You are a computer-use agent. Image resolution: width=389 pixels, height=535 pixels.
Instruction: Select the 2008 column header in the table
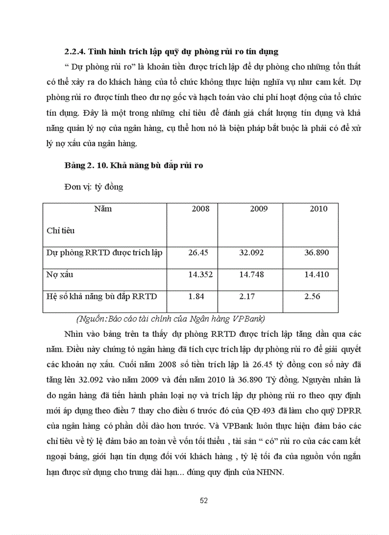pyautogui.click(x=200, y=209)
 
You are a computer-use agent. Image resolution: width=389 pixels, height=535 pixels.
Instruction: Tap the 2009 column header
pyautogui.click(x=259, y=209)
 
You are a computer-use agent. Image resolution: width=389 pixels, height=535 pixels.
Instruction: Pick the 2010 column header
pyautogui.click(x=318, y=209)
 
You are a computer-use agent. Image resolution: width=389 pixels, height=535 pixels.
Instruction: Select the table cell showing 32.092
pyautogui.click(x=251, y=252)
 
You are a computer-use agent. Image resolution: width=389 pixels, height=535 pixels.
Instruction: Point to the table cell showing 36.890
pyautogui.click(x=317, y=252)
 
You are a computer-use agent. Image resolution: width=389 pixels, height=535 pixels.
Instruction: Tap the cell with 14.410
pyautogui.click(x=317, y=275)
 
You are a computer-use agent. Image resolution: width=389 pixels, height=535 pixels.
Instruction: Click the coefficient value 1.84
pyautogui.click(x=196, y=296)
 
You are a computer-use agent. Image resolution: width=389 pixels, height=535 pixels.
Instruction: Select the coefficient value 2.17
pyautogui.click(x=247, y=296)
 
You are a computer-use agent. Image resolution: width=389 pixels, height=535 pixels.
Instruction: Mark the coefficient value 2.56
pyautogui.click(x=312, y=296)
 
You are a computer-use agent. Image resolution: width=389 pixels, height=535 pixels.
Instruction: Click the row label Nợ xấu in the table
pyautogui.click(x=60, y=275)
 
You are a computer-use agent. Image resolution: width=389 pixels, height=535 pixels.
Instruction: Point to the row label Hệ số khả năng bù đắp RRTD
pyautogui.click(x=102, y=296)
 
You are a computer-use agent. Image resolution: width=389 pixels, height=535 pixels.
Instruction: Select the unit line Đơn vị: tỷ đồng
pyautogui.click(x=93, y=187)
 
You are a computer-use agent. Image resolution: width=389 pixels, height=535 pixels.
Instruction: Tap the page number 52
pyautogui.click(x=204, y=501)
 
